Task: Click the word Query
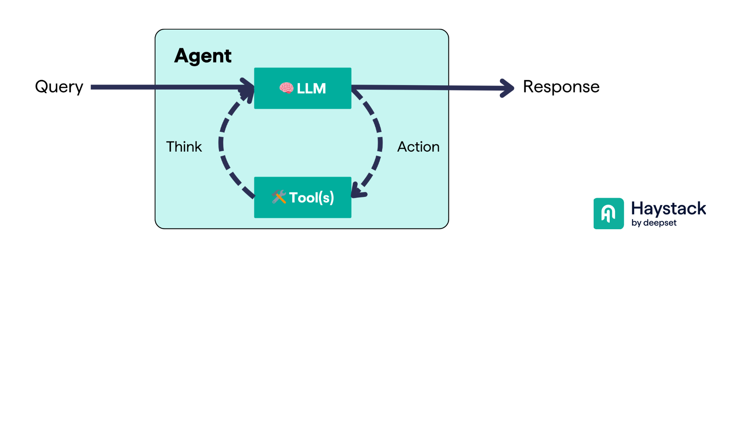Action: click(59, 87)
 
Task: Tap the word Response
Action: click(561, 87)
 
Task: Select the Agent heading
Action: click(203, 56)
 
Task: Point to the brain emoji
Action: click(286, 88)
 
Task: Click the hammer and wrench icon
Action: click(279, 197)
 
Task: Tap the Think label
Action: click(184, 147)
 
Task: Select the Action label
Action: click(418, 147)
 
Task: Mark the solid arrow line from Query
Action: click(164, 87)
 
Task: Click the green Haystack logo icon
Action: click(609, 214)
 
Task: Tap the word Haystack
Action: click(668, 209)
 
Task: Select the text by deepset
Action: click(654, 223)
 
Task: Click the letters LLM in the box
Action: click(311, 88)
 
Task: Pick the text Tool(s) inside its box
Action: click(311, 198)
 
